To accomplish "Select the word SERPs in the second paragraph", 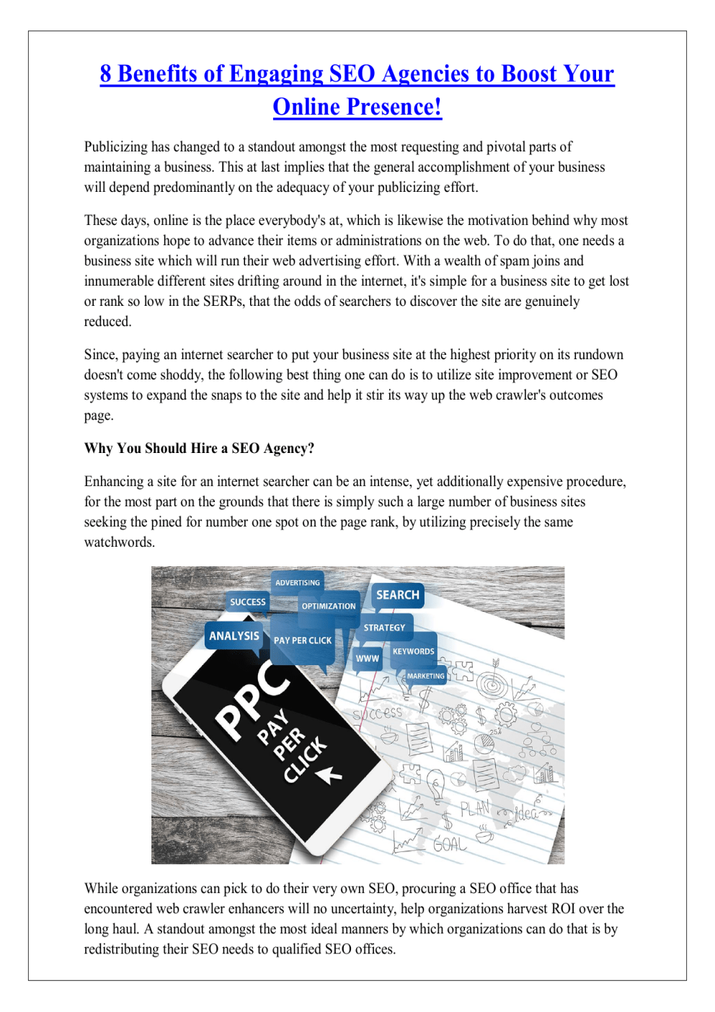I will (x=223, y=302).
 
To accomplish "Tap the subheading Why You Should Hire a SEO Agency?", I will (x=199, y=449).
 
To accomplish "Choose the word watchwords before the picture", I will (x=119, y=542).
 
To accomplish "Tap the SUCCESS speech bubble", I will (x=248, y=602).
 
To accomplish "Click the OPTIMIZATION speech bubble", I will (x=329, y=607).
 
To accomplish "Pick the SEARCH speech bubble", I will (x=397, y=595).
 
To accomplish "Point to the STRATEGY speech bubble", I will (x=384, y=628).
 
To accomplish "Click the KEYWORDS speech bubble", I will (x=414, y=651).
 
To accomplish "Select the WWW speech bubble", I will (x=367, y=659).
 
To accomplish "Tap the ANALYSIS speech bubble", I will (x=234, y=636).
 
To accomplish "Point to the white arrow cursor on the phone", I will (x=330, y=775).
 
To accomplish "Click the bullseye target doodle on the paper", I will (x=492, y=682).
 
